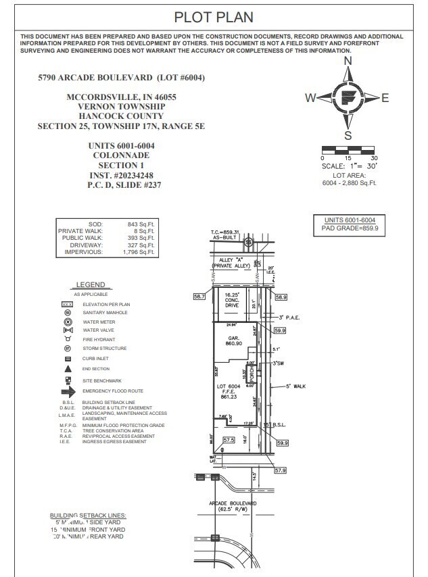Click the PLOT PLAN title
pos(214,17)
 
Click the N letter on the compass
pos(348,61)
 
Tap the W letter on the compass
pos(310,98)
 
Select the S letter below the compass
pos(348,135)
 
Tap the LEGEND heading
pos(90,285)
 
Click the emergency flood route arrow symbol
pos(68,391)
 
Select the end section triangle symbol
pos(68,369)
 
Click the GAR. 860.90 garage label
pos(233,341)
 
